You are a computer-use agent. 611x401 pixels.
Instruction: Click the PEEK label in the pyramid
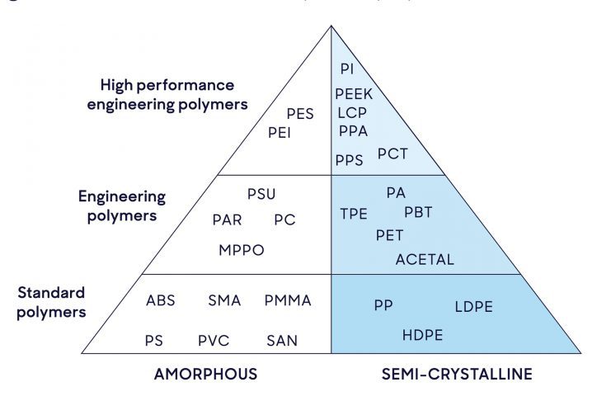point(354,94)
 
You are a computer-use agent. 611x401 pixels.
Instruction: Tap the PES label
point(300,114)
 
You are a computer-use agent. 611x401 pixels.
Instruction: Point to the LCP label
point(351,112)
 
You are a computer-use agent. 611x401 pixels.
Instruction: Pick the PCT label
point(392,153)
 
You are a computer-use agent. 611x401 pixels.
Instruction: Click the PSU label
point(261,195)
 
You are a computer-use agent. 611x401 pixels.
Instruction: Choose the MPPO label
point(242,250)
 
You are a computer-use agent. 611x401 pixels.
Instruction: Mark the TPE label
point(354,214)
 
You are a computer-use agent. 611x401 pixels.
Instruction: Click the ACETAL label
point(425,259)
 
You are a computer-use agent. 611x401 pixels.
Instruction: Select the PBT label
point(418,212)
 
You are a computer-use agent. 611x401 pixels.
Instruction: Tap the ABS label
point(161,300)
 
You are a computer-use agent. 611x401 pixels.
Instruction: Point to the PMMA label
point(288,300)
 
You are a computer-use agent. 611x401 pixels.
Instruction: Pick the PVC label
point(213,339)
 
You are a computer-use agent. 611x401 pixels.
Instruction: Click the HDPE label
point(423,335)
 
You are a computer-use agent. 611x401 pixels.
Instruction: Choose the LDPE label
point(473,307)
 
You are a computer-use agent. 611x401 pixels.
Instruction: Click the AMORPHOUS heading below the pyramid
point(205,374)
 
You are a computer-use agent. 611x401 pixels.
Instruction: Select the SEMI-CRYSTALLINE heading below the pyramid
point(457,374)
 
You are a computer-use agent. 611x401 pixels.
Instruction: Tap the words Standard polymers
point(52,302)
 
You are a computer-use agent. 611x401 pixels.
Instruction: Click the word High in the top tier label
point(117,85)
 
